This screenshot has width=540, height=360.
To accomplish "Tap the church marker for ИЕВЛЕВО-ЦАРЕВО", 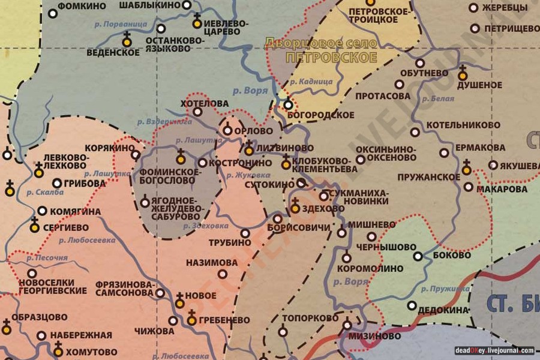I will [x=197, y=23].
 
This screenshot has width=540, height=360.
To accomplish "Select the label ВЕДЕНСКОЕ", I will [x=113, y=52].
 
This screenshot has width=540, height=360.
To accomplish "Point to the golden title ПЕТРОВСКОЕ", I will [x=331, y=58].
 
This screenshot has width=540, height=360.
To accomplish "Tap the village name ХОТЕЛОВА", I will [x=205, y=103].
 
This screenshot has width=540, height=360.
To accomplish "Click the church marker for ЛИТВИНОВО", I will [x=249, y=150].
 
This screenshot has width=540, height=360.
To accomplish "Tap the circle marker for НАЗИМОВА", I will [x=223, y=274].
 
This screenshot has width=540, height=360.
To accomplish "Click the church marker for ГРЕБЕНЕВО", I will [x=192, y=320].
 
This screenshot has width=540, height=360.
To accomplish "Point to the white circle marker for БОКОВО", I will [x=418, y=256].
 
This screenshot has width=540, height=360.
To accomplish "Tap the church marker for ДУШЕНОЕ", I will [x=462, y=75].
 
